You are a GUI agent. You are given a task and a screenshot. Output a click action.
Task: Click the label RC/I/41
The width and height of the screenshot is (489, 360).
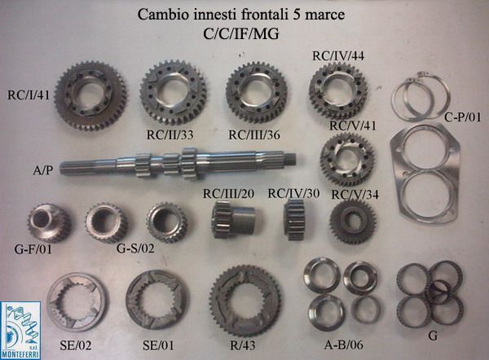point(29,95)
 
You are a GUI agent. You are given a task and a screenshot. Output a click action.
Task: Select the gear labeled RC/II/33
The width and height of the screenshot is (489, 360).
point(173,93)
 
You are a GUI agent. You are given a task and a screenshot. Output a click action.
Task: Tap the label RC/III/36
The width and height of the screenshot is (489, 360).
point(254,135)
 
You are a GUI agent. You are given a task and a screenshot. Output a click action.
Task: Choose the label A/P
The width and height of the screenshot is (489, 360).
point(43,170)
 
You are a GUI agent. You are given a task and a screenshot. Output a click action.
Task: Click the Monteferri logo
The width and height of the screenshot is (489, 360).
point(20,331)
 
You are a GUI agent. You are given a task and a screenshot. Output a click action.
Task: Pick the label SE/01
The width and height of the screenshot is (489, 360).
point(158,345)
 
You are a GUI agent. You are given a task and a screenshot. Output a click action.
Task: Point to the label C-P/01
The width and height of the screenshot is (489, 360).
point(463,117)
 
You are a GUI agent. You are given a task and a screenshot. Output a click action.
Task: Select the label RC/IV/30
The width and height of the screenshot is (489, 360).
point(293,194)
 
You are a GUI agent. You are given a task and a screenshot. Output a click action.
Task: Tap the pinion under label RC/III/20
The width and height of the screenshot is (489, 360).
point(234,220)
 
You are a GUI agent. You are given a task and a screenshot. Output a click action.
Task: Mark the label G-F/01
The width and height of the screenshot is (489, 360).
point(33,249)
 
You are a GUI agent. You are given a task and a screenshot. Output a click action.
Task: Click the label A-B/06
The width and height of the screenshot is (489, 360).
point(344,345)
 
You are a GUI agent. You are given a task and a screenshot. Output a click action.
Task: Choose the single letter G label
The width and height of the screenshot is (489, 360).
point(433,336)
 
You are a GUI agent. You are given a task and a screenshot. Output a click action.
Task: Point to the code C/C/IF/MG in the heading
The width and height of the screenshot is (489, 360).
point(241,34)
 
